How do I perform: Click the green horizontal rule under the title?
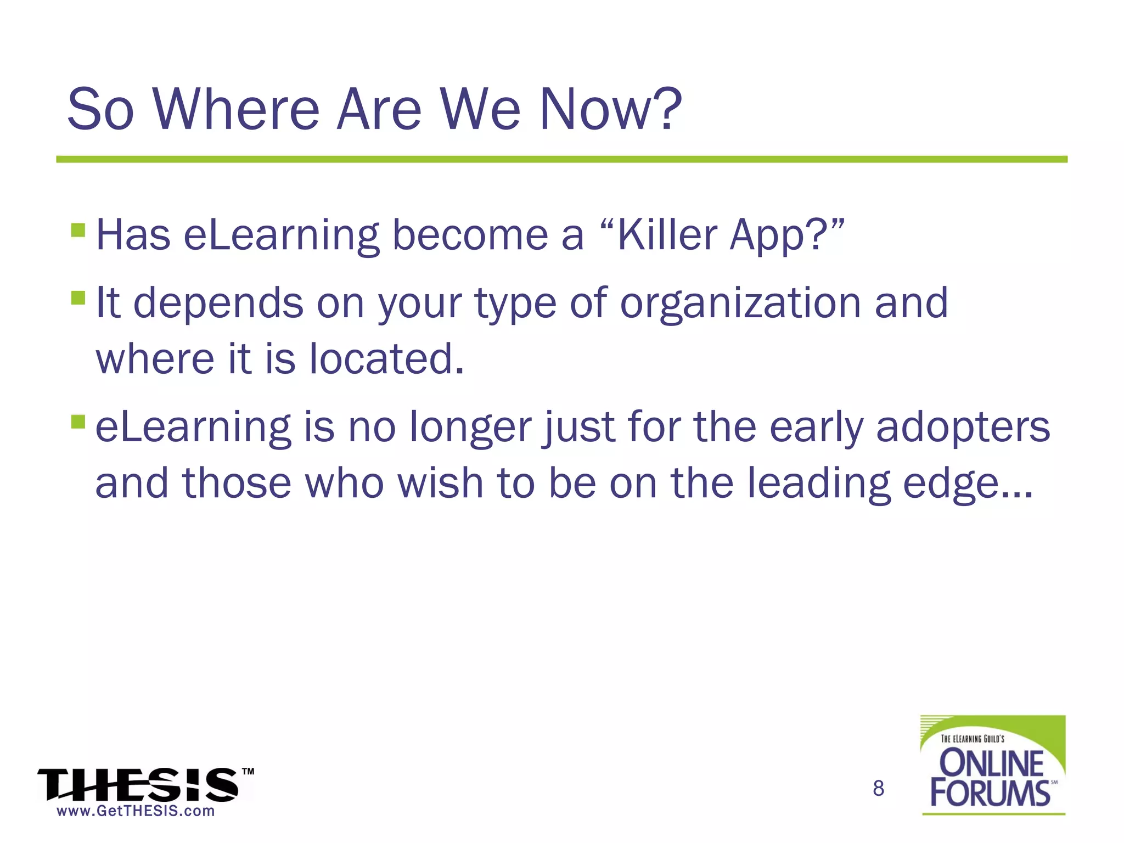[561, 159]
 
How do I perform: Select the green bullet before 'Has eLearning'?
[78, 229]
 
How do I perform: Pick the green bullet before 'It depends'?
[78, 297]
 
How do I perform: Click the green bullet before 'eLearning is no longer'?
[78, 421]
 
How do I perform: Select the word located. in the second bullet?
[386, 359]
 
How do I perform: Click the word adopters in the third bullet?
[963, 428]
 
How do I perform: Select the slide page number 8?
[878, 789]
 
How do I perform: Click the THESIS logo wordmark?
[137, 785]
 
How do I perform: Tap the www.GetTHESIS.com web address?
[136, 811]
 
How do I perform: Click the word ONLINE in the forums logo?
[991, 763]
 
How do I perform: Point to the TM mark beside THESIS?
[248, 771]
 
